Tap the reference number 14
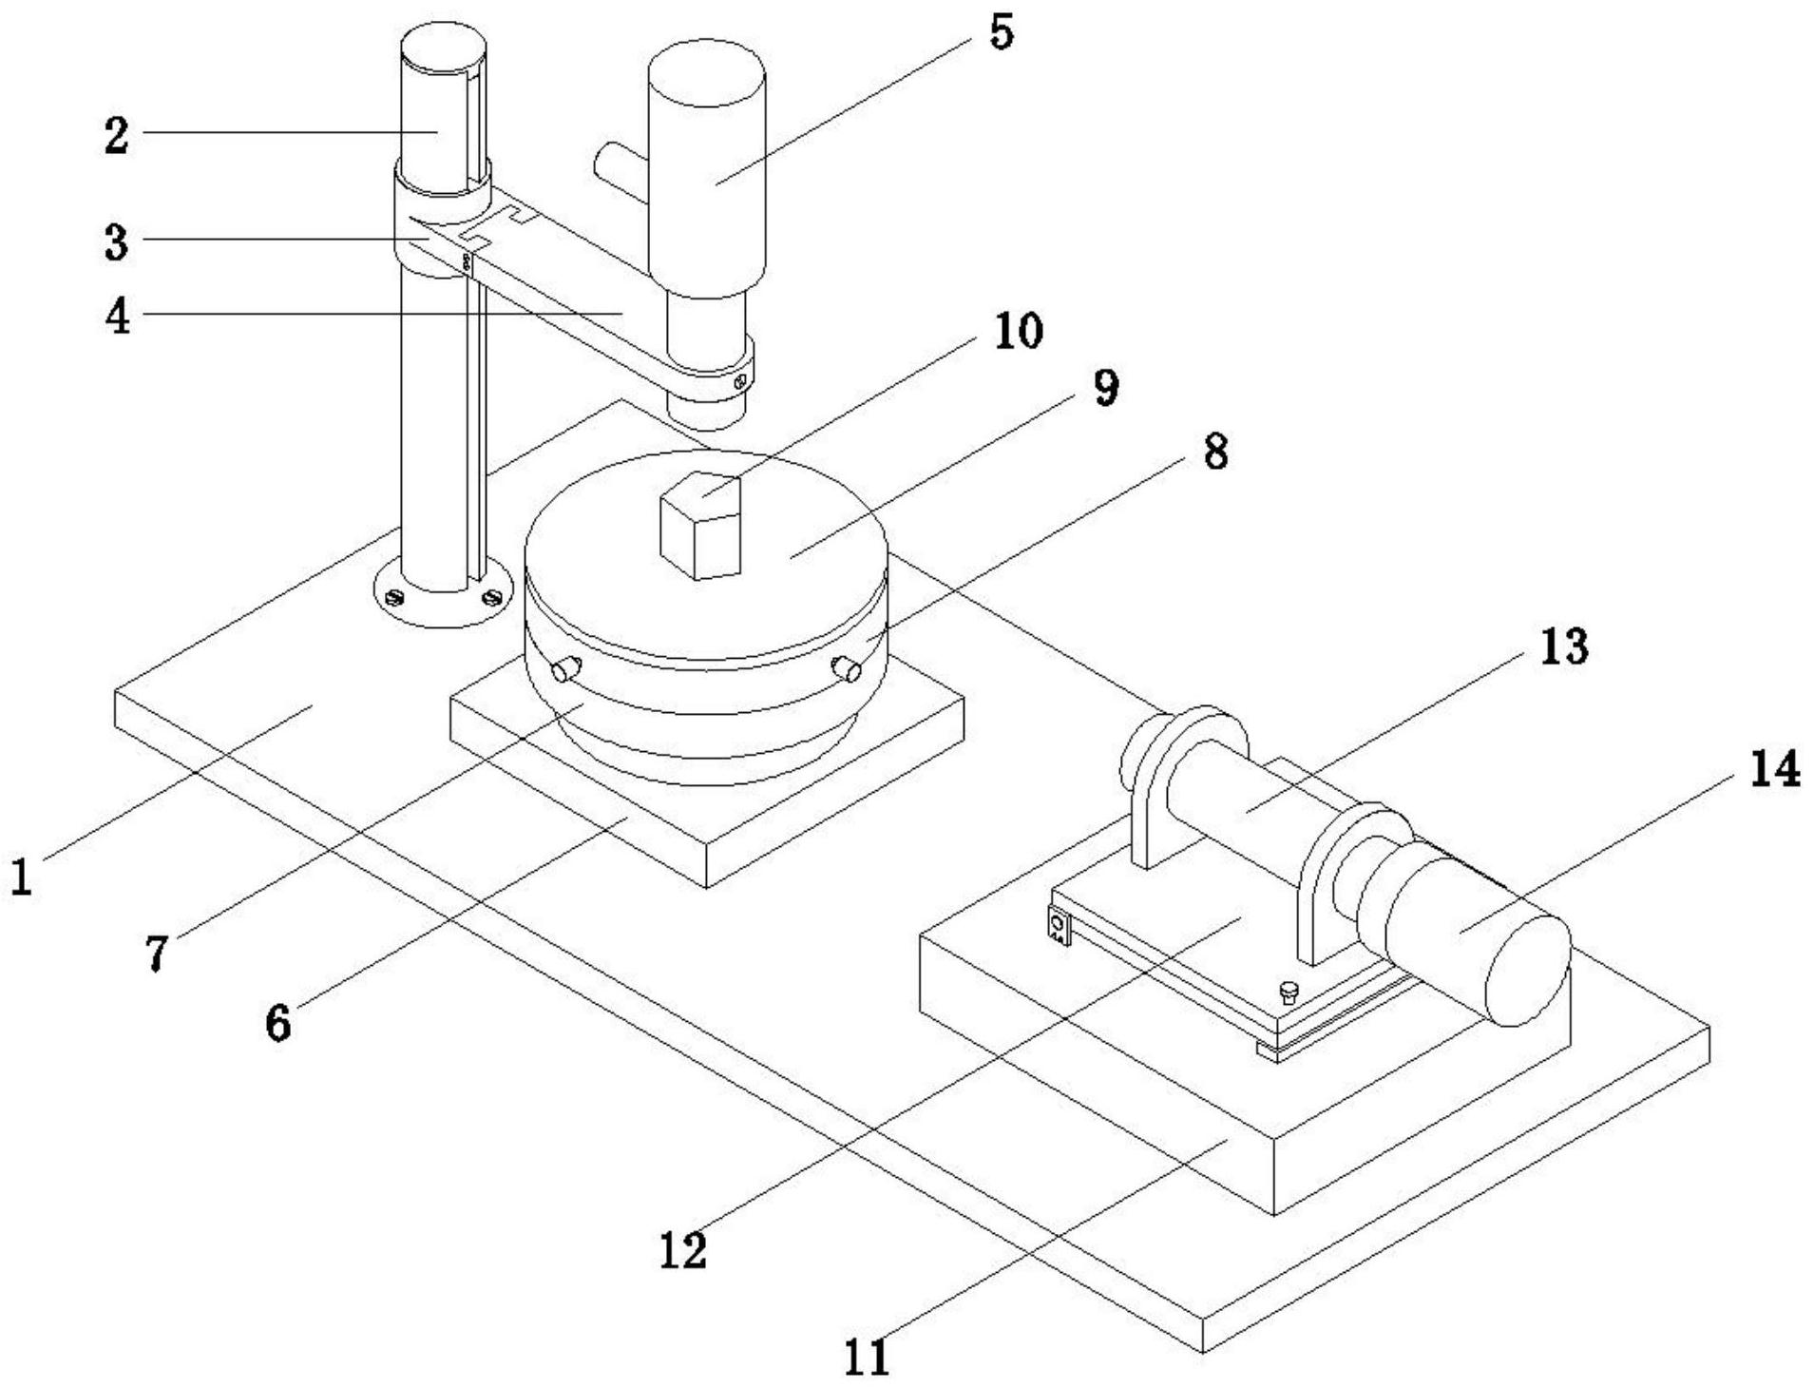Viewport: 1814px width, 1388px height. pos(1773,768)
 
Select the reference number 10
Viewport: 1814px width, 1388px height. pos(1018,332)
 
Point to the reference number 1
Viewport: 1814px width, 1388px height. pos(21,877)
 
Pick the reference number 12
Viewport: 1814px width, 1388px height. pos(683,1249)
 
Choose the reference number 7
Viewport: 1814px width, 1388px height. pos(157,952)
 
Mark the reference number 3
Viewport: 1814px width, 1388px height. pos(116,242)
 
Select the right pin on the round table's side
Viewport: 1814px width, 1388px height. pos(845,668)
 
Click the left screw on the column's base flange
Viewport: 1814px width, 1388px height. pos(396,598)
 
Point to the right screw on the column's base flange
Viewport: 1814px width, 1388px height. pos(491,597)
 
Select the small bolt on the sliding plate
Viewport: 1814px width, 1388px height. pos(1289,992)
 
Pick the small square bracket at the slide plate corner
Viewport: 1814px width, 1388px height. pos(1058,925)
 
